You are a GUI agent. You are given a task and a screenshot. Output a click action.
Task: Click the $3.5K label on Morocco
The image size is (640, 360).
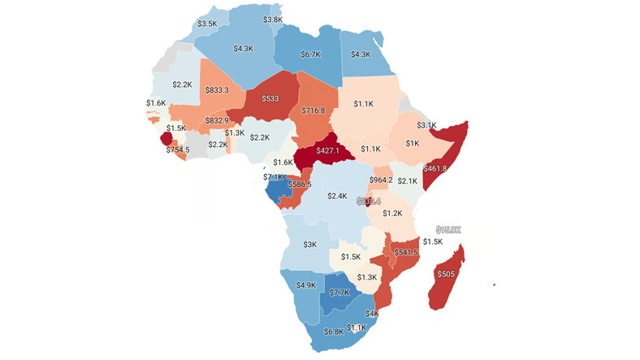point(207,24)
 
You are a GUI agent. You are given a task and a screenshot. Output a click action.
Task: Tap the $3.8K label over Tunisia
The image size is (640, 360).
point(273,20)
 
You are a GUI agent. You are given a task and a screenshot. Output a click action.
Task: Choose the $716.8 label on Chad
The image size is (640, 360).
point(314,111)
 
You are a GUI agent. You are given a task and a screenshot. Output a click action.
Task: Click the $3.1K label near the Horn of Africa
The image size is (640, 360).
point(427,125)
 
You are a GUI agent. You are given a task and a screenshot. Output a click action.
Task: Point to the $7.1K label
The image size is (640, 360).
point(273,176)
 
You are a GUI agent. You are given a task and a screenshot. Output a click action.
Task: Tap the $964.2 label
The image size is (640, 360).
point(382,180)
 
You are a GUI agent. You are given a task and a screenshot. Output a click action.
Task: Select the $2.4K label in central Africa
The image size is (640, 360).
point(337,196)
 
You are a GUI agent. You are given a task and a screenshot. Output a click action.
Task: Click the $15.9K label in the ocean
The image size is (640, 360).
point(448,230)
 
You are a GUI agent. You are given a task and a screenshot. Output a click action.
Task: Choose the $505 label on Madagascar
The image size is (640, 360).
point(446,274)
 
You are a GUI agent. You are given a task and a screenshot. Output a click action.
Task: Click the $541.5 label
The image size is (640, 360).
point(405,253)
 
